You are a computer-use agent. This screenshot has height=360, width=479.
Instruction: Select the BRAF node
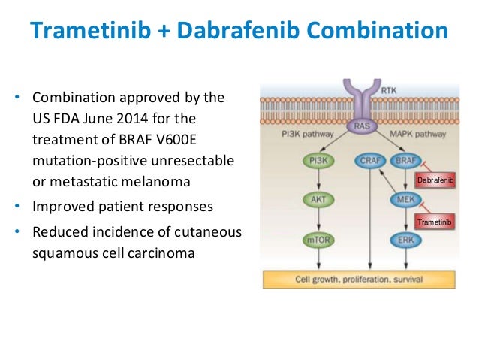405,160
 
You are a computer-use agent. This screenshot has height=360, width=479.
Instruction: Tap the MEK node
405,200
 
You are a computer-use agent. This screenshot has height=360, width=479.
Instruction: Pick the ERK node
405,241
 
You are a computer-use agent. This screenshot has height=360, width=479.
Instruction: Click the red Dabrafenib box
435,181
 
